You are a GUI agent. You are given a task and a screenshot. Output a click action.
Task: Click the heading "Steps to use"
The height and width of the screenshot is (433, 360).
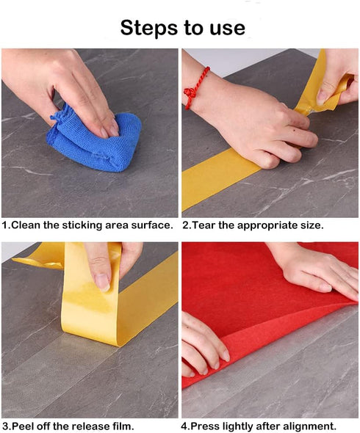click(182, 27)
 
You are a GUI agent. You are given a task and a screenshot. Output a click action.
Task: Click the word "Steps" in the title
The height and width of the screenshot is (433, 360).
click(147, 27)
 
